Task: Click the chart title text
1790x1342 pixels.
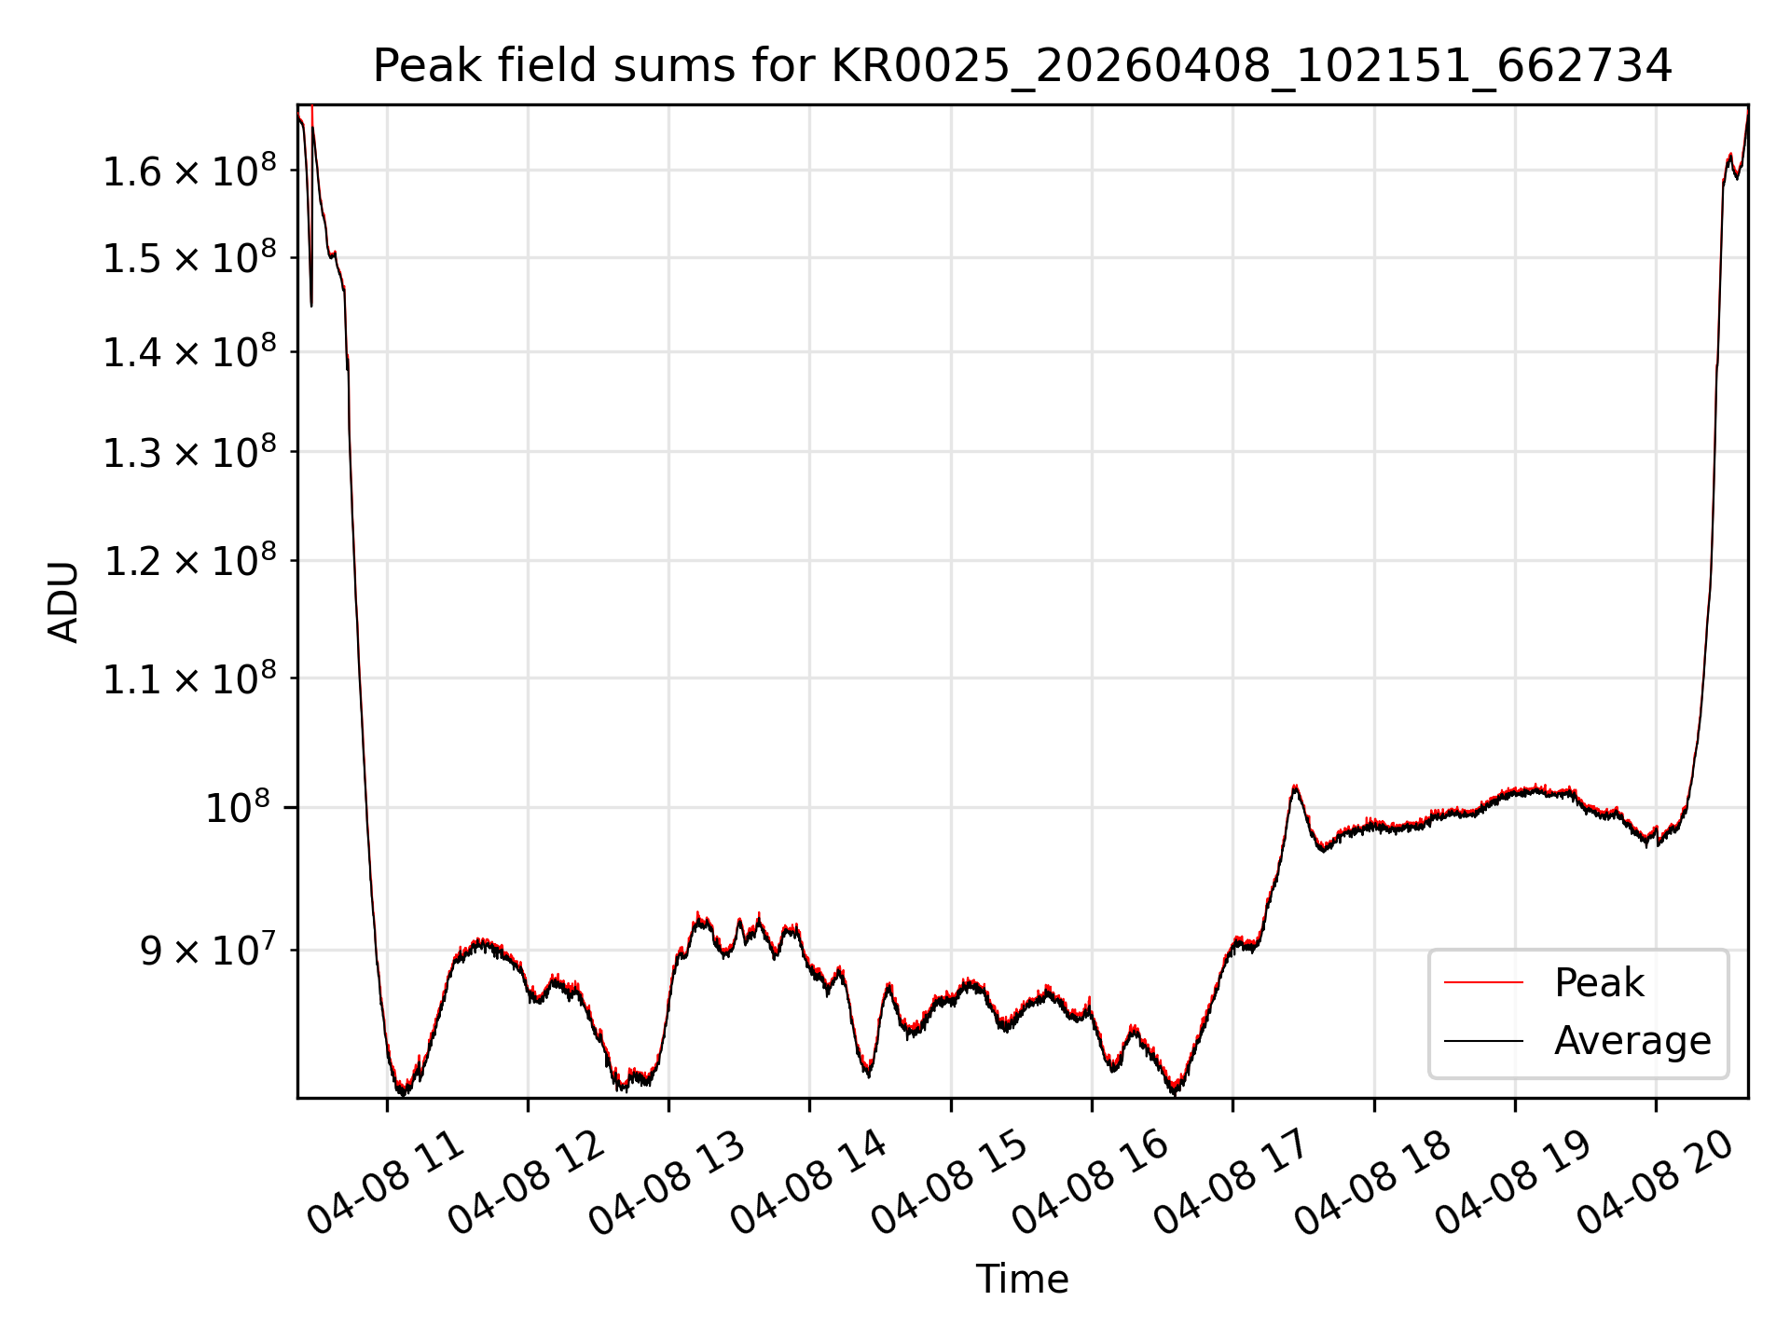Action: coord(1022,66)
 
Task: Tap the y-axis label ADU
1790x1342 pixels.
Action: coord(63,602)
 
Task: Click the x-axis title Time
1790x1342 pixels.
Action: coord(1022,1279)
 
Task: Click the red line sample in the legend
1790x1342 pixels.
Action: coord(1483,982)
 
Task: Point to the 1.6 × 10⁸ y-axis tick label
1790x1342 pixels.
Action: coord(189,171)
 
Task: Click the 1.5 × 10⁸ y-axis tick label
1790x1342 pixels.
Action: coord(189,258)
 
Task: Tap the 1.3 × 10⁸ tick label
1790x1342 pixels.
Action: coord(189,453)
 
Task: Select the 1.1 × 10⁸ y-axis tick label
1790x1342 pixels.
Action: coord(189,679)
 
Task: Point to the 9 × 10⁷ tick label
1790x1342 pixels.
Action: coord(209,952)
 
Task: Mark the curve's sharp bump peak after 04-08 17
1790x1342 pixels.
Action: coord(1294,787)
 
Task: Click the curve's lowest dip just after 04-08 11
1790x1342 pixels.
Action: coord(402,1091)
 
